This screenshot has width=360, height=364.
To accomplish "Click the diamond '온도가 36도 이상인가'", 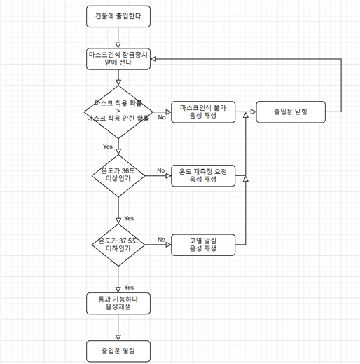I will pos(118,175).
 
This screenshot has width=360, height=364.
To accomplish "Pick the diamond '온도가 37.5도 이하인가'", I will pos(118,244).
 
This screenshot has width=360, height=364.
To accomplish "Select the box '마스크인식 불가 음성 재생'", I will pos(202,112).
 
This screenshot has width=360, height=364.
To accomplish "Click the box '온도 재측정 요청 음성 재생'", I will pos(202,175).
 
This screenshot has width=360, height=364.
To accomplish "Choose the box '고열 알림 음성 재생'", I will pos(202,244).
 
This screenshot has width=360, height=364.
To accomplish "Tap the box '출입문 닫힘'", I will pos(290,112).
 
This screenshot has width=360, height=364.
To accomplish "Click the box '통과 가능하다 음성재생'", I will pos(118,303).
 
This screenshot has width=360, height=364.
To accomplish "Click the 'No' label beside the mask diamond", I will pos(161,117).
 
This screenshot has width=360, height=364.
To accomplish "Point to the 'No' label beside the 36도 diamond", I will pos(160,170).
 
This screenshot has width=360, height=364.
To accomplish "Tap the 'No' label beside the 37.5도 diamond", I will pos(160,239).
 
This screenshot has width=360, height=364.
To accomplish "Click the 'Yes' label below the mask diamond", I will pos(107,147).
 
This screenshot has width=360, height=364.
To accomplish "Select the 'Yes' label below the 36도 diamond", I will pos(128,218).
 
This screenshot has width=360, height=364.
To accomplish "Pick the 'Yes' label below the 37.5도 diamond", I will pos(129,288).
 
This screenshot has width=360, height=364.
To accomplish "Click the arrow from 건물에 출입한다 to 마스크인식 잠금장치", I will pos(118,36).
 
